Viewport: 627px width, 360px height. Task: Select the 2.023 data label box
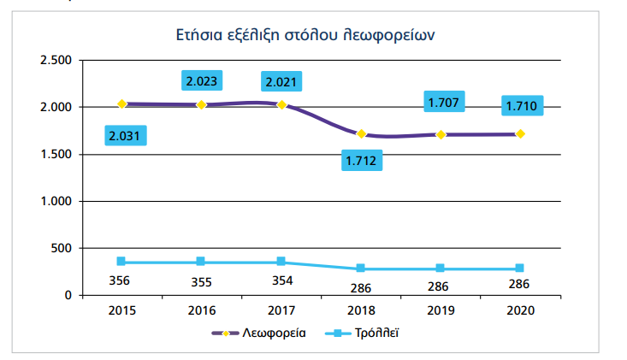[x=201, y=82]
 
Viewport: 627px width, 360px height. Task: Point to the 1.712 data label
[x=362, y=160]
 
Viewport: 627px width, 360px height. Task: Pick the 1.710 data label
[x=523, y=107]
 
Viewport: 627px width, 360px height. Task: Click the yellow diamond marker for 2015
[x=121, y=103]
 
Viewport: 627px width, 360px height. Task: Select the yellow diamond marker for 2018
[x=362, y=134]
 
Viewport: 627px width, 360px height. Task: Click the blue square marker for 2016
[x=201, y=262]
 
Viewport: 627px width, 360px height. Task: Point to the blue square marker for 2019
[x=441, y=269]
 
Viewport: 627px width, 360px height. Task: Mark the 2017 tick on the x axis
[x=281, y=310]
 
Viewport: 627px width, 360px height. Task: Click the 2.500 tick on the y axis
[x=54, y=61]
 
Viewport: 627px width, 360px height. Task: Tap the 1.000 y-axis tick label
[x=54, y=201]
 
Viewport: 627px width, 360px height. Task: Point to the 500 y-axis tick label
[x=60, y=248]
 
